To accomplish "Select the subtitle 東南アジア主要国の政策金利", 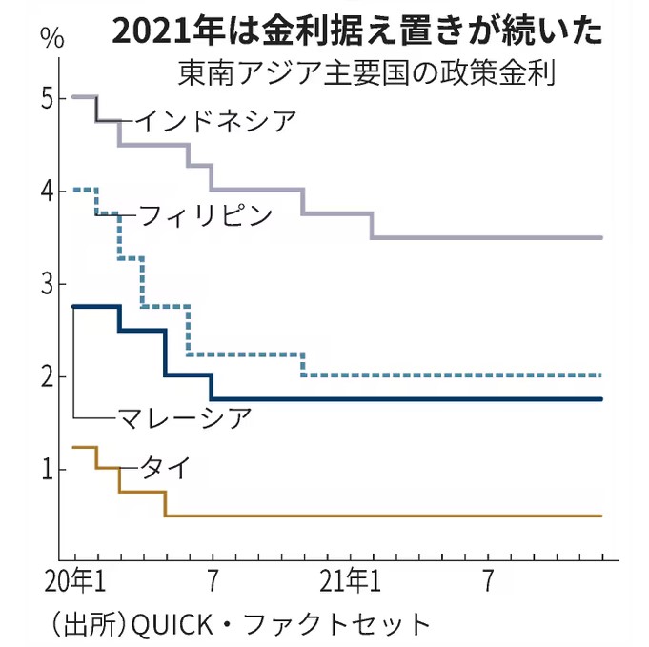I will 367,73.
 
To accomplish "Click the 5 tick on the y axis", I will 48,98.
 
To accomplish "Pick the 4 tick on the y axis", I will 48,191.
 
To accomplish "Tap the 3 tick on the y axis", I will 48,283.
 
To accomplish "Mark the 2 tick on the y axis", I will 48,376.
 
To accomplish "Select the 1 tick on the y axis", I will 48,469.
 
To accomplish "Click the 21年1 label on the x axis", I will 352,580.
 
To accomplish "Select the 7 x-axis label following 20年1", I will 212,580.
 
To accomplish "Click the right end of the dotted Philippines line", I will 601,375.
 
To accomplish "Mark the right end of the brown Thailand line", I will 601,516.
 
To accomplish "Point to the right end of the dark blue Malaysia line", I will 601,399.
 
